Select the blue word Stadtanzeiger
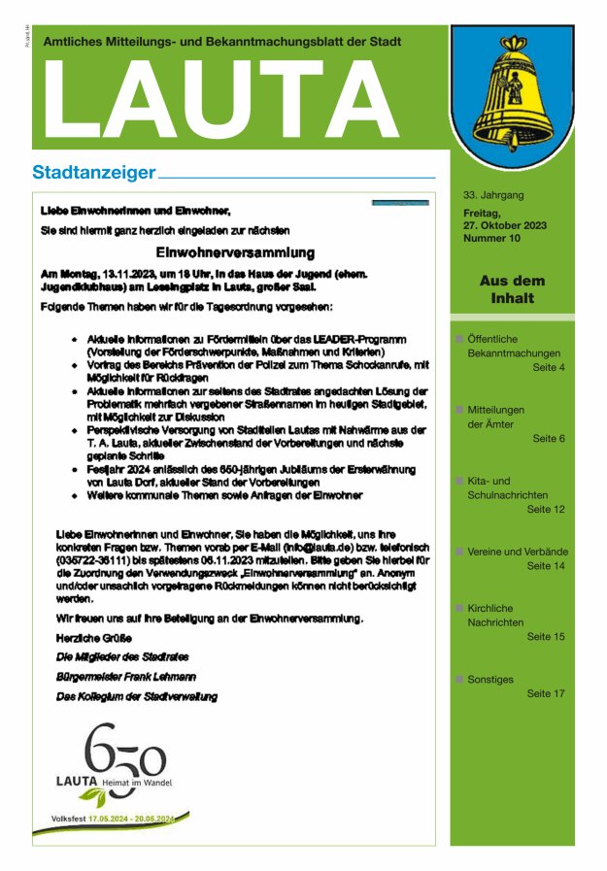coord(94,173)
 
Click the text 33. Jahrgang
coord(493,195)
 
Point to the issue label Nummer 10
coord(492,238)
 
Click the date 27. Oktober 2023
coord(505,225)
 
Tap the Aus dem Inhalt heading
coord(512,289)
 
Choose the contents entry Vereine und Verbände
coord(518,552)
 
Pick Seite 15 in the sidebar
coord(545,637)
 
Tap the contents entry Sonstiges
coord(490,680)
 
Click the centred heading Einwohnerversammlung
coord(235,252)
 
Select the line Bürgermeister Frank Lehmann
coord(126,676)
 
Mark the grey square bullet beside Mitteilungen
coord(458,410)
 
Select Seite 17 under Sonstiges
coord(545,694)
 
